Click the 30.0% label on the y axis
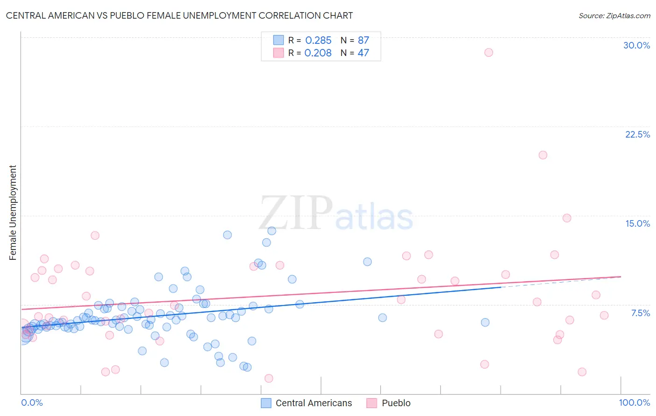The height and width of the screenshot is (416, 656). (x=636, y=45)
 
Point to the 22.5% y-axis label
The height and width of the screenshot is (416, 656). (x=637, y=134)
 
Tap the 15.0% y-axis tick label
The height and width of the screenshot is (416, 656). (x=637, y=223)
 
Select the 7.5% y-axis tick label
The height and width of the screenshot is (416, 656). (x=640, y=313)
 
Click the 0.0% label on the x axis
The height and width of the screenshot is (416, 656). (x=32, y=402)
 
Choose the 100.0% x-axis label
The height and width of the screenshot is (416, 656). (x=634, y=402)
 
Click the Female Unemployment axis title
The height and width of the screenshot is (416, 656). (x=13, y=213)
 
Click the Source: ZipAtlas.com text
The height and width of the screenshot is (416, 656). (x=614, y=16)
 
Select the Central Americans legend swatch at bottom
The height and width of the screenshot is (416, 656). (x=266, y=403)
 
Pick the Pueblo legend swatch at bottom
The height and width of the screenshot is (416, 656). (x=372, y=403)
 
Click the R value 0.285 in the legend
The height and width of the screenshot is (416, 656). (x=318, y=40)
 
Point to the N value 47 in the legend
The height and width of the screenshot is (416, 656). (x=363, y=53)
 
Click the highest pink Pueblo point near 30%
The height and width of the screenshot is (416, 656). (x=489, y=52)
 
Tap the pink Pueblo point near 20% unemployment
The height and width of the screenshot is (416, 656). (x=543, y=155)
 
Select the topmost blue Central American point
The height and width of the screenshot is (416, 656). (x=272, y=231)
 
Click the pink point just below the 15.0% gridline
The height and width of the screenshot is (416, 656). (x=567, y=218)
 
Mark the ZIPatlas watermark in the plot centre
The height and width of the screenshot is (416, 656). (x=336, y=213)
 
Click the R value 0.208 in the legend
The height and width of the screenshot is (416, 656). (x=318, y=53)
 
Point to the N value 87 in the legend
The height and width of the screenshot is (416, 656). (x=363, y=40)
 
